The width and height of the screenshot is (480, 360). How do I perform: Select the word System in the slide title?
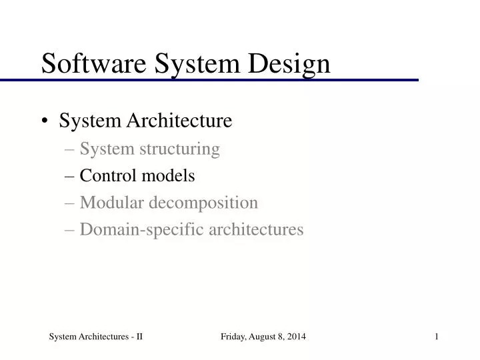tap(197, 63)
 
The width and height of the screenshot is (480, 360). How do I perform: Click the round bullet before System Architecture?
tap(45, 121)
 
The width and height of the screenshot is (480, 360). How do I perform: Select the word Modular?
tap(111, 202)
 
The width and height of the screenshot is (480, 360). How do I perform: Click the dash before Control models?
tap(71, 176)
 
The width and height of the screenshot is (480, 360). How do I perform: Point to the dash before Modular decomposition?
tap(71, 203)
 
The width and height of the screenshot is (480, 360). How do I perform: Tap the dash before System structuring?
tap(71, 149)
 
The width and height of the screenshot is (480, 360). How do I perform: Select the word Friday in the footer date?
tap(233, 337)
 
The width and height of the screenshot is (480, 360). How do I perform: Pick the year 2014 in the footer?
tap(297, 337)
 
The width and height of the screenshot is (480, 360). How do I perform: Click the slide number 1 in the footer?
tap(436, 337)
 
